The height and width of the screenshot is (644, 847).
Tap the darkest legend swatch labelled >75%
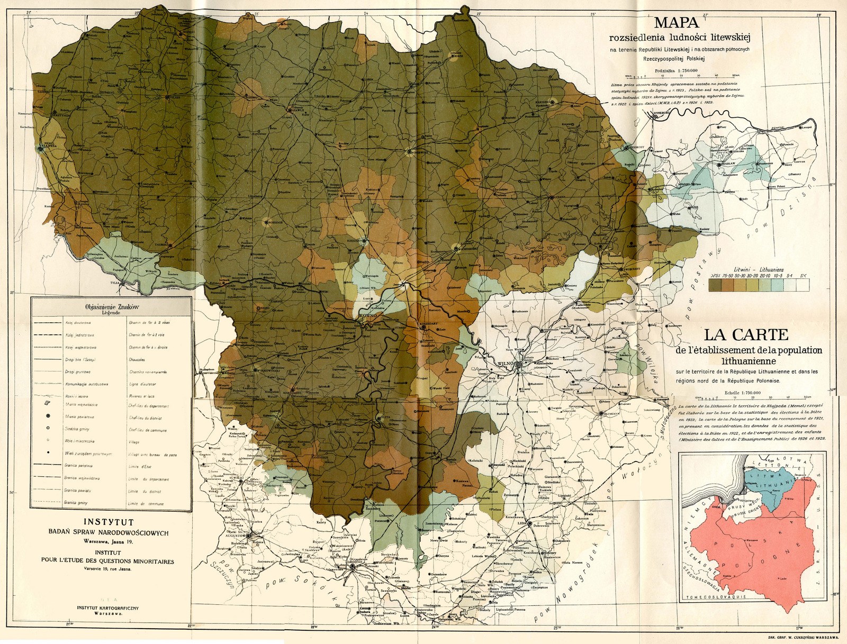715,285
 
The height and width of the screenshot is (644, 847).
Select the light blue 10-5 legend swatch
777,285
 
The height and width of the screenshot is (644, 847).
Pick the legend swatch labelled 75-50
727,285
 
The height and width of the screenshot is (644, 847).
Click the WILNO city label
506,364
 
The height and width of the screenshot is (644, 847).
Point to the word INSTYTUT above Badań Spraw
112,522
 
